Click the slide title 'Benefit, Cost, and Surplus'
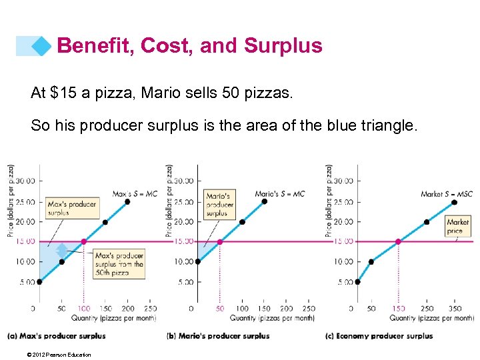click(189, 45)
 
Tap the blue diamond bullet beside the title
click(41, 46)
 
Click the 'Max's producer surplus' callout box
click(71, 207)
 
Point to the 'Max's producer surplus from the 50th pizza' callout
click(119, 264)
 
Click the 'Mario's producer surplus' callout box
click(219, 204)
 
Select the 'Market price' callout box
click(458, 226)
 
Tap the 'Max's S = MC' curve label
click(135, 194)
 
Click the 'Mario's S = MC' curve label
click(279, 194)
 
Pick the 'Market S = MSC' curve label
click(447, 194)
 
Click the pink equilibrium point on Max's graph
click(83, 241)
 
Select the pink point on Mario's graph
click(220, 241)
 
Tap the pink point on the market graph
click(399, 241)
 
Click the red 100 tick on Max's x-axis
click(83, 309)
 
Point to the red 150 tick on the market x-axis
click(399, 309)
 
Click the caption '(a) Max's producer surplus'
click(57, 336)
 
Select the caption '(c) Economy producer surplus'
click(379, 336)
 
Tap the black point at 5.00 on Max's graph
click(39, 282)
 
